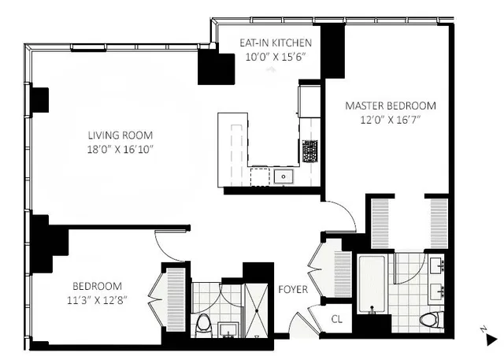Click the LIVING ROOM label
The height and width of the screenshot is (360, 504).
click(120, 135)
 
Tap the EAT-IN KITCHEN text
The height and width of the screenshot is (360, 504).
click(276, 43)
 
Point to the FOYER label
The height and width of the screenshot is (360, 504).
click(293, 289)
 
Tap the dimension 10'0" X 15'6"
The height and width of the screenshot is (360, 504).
click(276, 57)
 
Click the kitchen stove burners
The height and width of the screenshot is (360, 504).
click(309, 148)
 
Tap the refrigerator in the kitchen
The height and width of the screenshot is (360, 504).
click(308, 100)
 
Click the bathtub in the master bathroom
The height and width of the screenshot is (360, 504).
click(371, 283)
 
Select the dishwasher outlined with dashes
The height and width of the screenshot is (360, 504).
click(260, 177)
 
